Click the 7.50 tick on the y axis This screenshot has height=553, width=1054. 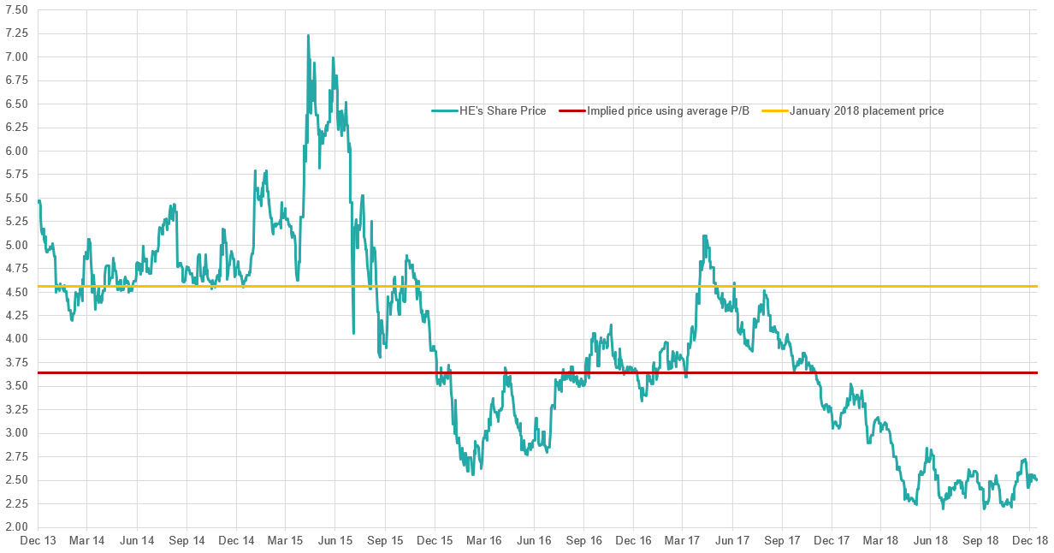point(16,9)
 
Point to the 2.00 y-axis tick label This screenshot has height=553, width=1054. point(16,526)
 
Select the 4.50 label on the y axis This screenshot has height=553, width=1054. point(16,292)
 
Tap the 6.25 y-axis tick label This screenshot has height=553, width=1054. point(16,128)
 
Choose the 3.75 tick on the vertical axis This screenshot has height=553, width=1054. point(16,362)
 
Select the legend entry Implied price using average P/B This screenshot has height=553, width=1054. point(668,111)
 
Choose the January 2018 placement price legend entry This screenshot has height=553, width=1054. point(866,111)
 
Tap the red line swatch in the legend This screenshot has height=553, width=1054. point(572,111)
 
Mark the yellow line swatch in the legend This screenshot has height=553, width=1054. point(773,111)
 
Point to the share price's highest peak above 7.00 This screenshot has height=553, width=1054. point(308,35)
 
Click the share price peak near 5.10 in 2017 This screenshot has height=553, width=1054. point(703,235)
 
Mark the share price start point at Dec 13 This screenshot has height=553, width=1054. point(39,200)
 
